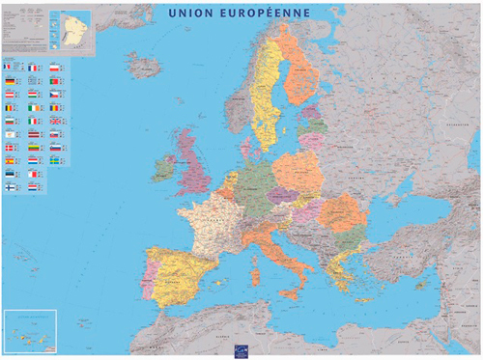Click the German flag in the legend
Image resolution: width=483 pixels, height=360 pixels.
10,81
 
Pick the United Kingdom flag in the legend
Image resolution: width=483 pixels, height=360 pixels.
54,121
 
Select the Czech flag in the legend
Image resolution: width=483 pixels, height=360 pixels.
54,94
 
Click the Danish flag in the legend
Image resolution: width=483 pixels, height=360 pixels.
9,148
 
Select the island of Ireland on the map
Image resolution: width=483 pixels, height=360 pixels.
163,166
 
